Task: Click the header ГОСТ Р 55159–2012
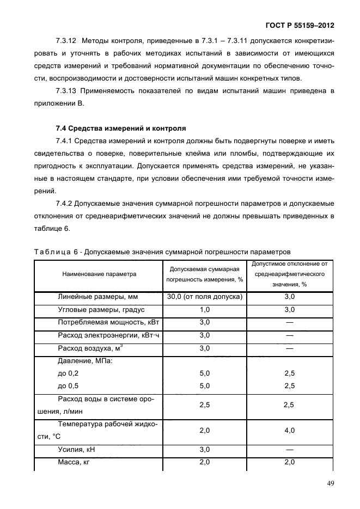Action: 300,25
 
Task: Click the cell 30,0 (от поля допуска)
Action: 204,297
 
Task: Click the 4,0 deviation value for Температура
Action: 289,430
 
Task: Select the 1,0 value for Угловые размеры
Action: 204,310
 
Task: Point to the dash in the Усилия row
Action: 289,449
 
